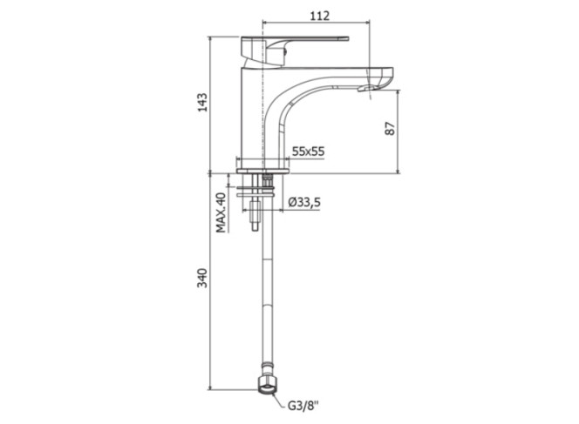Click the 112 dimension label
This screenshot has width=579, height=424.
click(x=319, y=16)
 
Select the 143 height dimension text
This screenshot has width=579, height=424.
click(x=202, y=102)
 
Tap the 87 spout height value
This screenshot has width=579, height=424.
click(x=390, y=128)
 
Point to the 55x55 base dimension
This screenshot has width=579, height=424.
click(x=308, y=151)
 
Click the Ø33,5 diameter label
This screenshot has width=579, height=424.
click(x=304, y=202)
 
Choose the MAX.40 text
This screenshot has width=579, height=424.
click(x=221, y=212)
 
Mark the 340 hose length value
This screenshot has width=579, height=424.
click(x=202, y=278)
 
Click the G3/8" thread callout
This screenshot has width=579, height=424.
click(x=303, y=407)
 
